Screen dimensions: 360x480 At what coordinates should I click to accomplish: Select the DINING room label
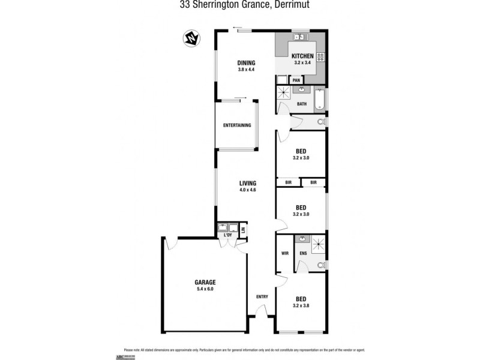[x=246, y=62]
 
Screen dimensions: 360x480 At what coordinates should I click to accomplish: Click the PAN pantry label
[x=296, y=80]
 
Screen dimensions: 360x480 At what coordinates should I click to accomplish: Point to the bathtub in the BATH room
[x=319, y=100]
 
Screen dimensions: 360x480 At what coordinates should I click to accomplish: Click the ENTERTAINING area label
[x=237, y=125]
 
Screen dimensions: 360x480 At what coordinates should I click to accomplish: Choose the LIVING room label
[x=248, y=183]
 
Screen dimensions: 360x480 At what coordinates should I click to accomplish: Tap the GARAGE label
[x=205, y=282]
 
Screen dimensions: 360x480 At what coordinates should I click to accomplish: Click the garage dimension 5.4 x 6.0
[x=205, y=289]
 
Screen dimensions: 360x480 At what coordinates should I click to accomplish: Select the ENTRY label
[x=262, y=296]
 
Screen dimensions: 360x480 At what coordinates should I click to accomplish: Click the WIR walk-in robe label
[x=285, y=253]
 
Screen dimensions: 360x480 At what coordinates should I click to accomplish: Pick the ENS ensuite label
[x=303, y=253]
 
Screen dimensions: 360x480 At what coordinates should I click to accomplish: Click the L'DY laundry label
[x=227, y=235]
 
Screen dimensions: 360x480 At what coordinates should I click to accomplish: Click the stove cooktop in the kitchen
[x=321, y=57]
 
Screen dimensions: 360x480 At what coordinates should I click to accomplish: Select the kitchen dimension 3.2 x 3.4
[x=302, y=63]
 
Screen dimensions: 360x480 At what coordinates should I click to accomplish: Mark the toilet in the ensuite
[x=322, y=264]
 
